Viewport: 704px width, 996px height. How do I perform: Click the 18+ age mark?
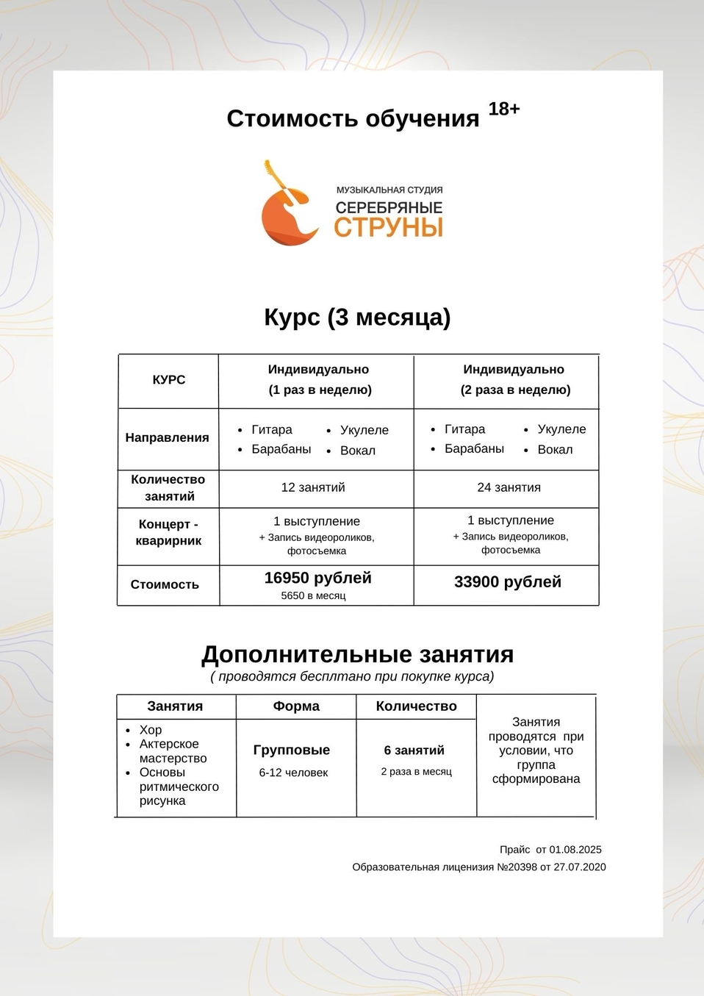click(504, 109)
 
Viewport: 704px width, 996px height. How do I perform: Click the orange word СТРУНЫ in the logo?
click(388, 227)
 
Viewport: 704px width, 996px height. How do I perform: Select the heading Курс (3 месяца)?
click(357, 317)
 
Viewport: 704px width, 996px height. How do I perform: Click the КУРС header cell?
click(169, 379)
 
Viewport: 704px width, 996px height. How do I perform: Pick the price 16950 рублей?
click(317, 578)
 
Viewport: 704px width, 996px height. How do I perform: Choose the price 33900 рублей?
click(507, 581)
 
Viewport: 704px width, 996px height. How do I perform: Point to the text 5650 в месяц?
click(313, 595)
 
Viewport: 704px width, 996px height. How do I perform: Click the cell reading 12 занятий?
click(313, 487)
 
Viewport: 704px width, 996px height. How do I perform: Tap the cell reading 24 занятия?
click(509, 487)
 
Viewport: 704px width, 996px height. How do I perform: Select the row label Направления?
click(168, 437)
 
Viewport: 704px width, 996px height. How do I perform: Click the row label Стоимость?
click(165, 584)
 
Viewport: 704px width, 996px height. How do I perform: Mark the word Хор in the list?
click(151, 730)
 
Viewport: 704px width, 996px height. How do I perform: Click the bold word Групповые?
click(292, 750)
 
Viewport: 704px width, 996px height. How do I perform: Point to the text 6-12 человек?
click(293, 773)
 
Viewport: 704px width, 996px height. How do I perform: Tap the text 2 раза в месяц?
click(417, 771)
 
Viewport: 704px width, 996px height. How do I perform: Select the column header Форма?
click(296, 706)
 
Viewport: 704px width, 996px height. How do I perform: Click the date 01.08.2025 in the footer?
click(575, 849)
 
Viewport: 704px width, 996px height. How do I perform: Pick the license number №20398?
click(517, 867)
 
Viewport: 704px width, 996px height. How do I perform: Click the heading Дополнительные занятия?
click(358, 654)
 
